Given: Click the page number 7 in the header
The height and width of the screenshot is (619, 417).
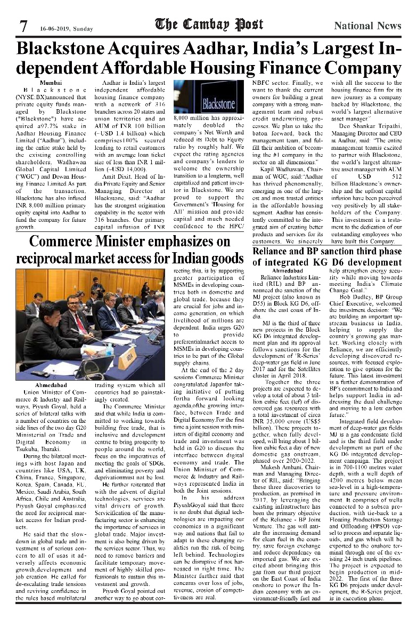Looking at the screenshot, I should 23,26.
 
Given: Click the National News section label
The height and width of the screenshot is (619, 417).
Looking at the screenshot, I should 367,26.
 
